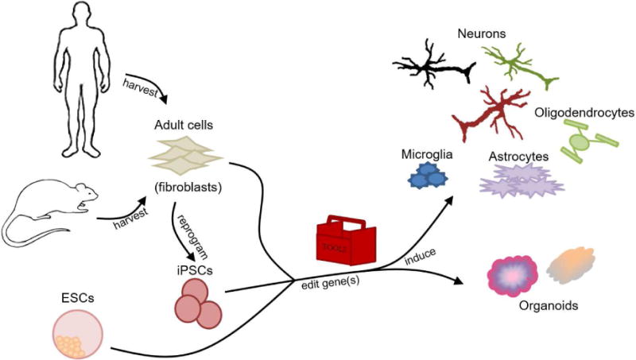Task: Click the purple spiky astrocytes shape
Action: (x=522, y=181)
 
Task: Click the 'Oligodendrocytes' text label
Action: (x=584, y=114)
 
